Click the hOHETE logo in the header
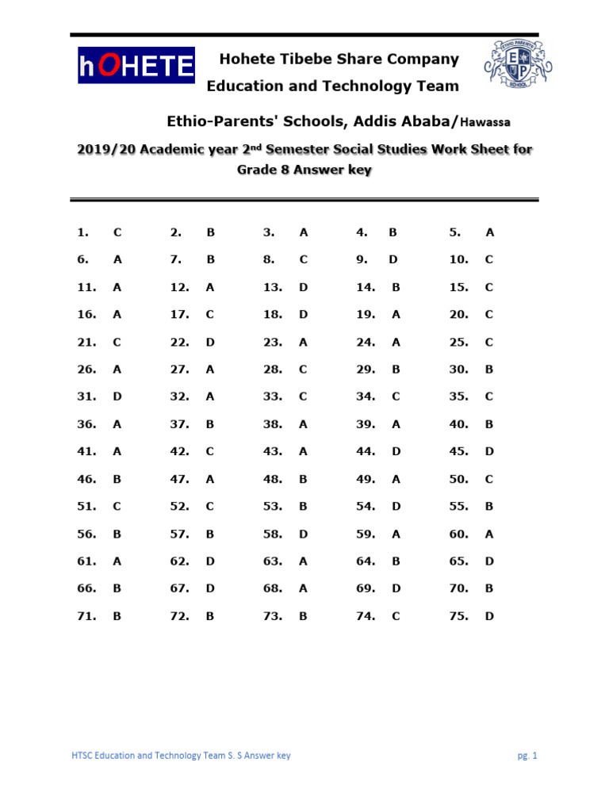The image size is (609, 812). pos(136,66)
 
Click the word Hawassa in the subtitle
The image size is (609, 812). pos(486,122)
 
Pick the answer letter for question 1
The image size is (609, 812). pos(117,232)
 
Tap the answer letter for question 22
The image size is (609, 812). pos(210,342)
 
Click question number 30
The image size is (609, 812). pos(459,369)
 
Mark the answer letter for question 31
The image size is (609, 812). pos(117,396)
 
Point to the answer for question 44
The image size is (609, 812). pos(396,451)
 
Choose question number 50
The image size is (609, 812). pos(459,479)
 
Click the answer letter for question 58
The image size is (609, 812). pos(303,534)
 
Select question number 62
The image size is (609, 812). pos(180,561)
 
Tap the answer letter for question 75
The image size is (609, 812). pos(489,615)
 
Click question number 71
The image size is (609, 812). pos(86,615)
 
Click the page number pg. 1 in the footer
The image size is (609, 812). pos(527,756)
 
